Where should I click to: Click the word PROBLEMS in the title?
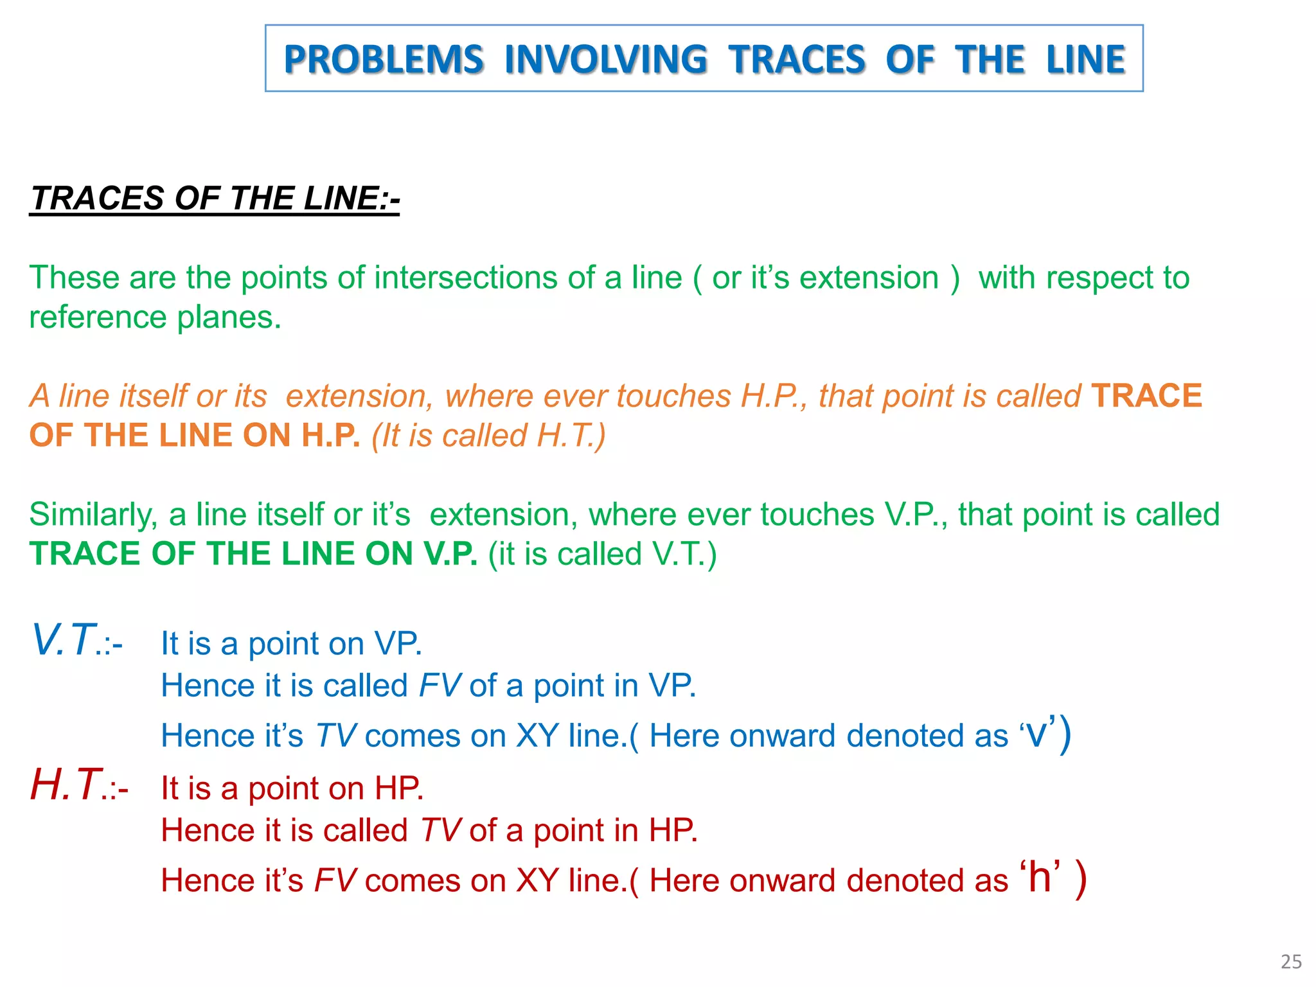(384, 59)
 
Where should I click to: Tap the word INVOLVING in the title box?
(605, 59)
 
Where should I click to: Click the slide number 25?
(1290, 961)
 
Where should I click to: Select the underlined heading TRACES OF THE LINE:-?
(215, 198)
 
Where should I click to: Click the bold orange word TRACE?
(1146, 396)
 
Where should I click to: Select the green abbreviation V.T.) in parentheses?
(684, 554)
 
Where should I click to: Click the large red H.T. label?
(66, 785)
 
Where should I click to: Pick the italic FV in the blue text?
(440, 686)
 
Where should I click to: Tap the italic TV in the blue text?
(335, 736)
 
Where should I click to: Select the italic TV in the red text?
(441, 830)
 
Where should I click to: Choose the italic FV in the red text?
(335, 880)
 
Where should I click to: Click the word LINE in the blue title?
(1085, 59)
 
